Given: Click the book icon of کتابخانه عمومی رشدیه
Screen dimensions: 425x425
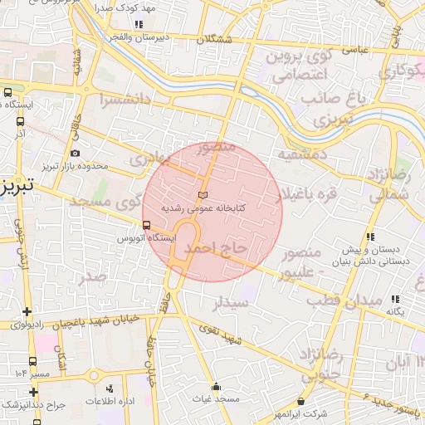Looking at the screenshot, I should pyautogui.click(x=203, y=193).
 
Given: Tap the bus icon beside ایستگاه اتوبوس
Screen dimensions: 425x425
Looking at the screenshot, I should pyautogui.click(x=146, y=225).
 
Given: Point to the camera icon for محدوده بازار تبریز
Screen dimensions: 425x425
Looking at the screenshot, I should pyautogui.click(x=76, y=153).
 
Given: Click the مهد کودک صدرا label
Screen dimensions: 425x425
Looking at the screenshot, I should pyautogui.click(x=104, y=7).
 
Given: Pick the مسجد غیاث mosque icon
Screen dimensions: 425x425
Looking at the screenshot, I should pyautogui.click(x=217, y=386).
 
